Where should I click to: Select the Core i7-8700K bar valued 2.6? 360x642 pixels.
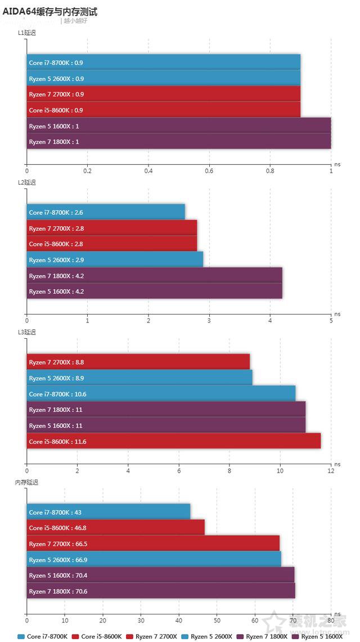(x=106, y=212)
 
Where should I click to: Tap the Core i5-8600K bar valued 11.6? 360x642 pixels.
(x=174, y=441)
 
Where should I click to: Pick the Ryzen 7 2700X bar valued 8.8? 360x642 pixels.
(x=138, y=362)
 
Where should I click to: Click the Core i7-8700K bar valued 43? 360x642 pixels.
(x=109, y=512)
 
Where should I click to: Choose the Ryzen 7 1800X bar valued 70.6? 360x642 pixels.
(x=161, y=591)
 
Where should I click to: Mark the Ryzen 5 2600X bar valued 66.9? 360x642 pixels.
(x=154, y=559)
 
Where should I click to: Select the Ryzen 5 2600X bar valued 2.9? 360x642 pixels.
(x=115, y=259)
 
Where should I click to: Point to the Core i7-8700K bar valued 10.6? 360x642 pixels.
(x=161, y=394)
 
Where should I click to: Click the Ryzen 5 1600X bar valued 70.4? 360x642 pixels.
(x=160, y=575)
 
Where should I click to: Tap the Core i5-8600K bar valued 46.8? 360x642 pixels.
(x=116, y=528)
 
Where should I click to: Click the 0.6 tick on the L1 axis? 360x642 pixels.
(x=209, y=171)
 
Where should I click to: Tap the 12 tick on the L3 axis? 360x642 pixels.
(x=331, y=471)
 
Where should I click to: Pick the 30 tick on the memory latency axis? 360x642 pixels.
(x=141, y=621)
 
